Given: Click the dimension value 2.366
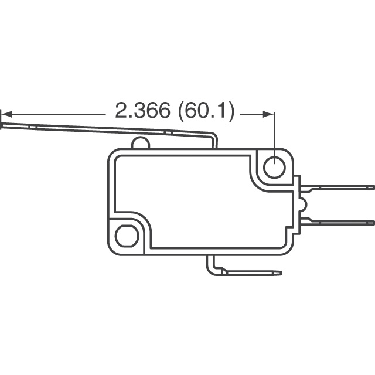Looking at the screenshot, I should pos(142,111).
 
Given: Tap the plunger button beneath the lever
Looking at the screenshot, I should pos(140,142).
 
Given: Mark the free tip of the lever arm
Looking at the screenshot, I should pos(5,123).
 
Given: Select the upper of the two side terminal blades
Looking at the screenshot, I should pos(337,187).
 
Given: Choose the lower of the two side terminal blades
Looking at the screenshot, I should pos(337,221).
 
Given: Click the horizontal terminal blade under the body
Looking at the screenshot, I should pos(252,272).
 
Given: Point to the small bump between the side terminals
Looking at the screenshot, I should pos(301,204).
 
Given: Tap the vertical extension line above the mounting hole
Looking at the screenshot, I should pos(274,132).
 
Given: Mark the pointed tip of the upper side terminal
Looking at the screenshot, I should pos(372,187).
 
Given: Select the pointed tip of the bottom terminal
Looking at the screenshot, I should pos(279,272).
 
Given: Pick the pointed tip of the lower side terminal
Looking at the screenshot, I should pos(372,221).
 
